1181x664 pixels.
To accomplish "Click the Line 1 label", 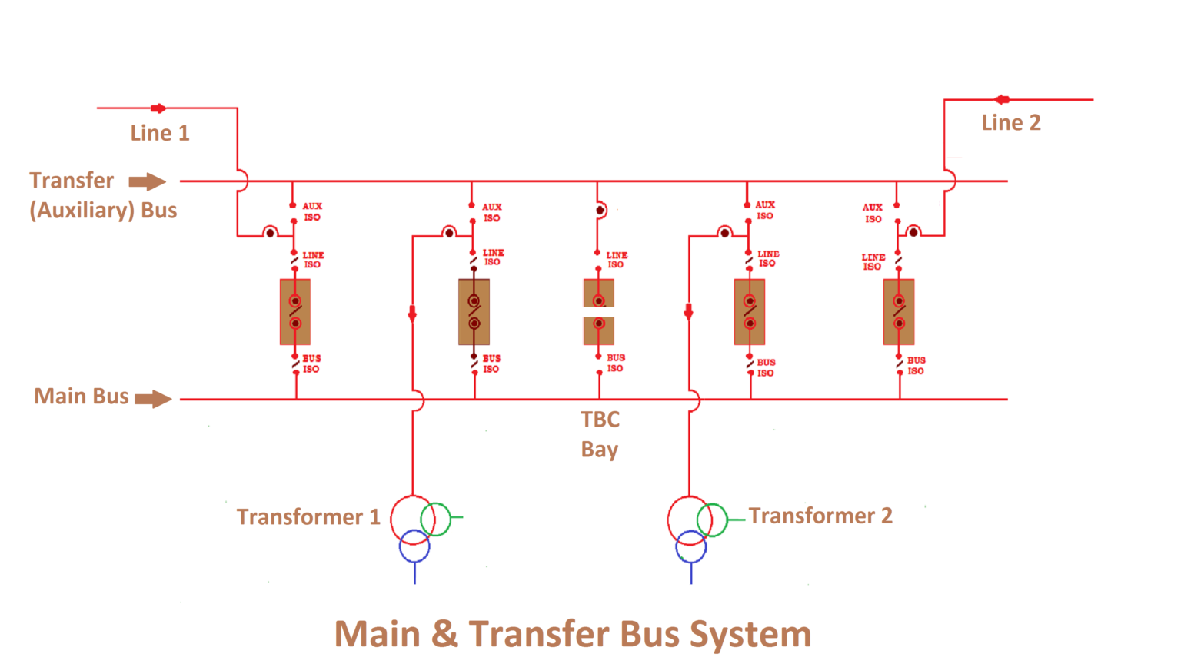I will point(159,133).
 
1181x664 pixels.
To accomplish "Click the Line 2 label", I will point(1010,123).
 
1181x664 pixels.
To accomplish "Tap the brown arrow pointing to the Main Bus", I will point(153,399).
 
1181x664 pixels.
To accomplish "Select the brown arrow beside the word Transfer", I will point(147,181).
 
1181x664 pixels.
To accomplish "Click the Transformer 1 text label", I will point(308,516).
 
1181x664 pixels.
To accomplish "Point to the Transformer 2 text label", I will point(820,516).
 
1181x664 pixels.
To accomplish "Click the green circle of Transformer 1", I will point(436,519).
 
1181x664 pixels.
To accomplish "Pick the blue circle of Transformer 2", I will point(690,547).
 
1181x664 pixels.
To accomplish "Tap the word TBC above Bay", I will point(600,420).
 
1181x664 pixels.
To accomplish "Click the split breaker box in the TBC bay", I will point(599,312).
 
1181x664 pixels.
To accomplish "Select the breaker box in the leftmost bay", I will point(295,312).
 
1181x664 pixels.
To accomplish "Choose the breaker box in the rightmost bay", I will point(899,312).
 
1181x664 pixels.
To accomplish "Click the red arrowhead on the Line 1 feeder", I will point(158,108).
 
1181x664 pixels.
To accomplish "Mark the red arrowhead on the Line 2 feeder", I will point(1001,99).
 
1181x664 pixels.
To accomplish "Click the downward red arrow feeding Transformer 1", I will point(412,314).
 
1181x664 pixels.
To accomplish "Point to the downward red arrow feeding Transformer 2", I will point(688,311).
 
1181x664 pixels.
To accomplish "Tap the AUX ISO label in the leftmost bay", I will point(312,211).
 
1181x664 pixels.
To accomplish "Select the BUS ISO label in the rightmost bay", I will point(916,365).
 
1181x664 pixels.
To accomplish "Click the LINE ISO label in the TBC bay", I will point(617,260).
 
